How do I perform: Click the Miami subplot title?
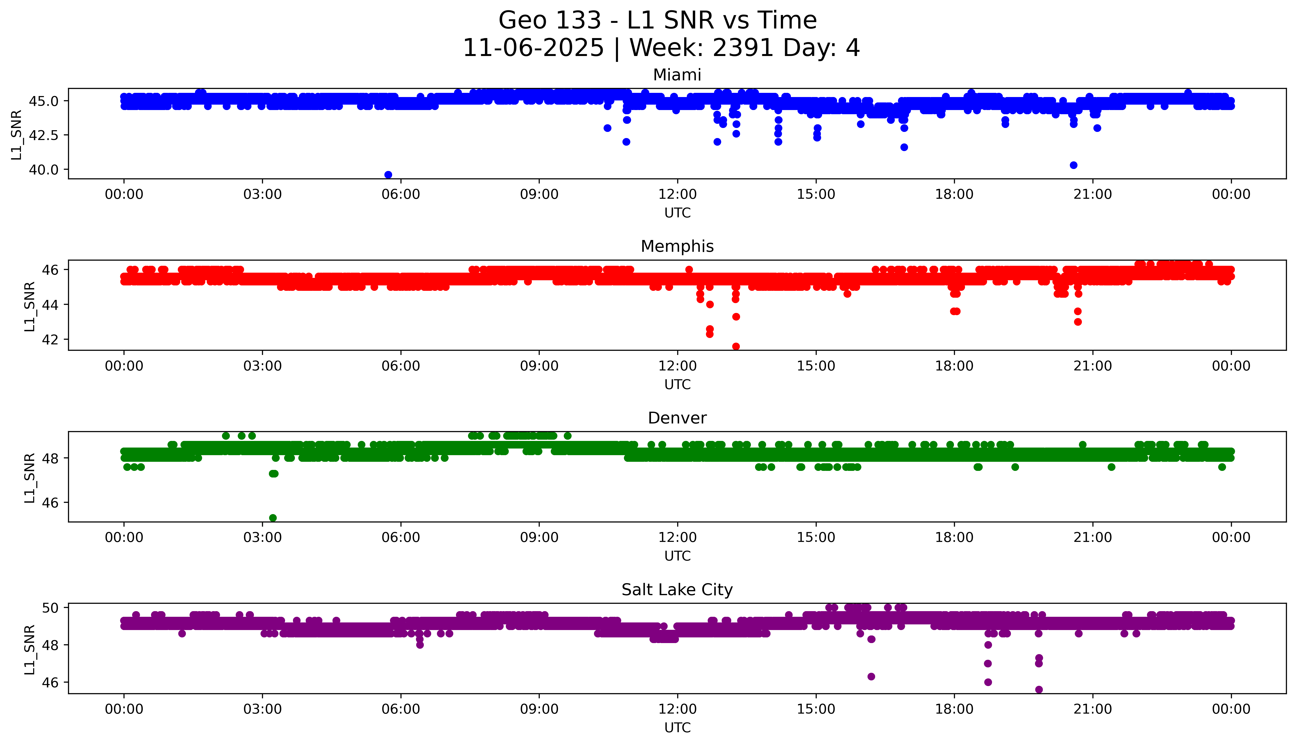[677, 75]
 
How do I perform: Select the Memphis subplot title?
[677, 247]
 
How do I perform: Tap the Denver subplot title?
[677, 418]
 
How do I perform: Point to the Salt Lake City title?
[677, 590]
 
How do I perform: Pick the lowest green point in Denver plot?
[273, 518]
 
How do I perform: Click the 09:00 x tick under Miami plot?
[539, 195]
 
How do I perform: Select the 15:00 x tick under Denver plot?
[816, 538]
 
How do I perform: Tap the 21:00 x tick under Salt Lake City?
[1092, 709]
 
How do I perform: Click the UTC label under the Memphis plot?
[677, 384]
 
